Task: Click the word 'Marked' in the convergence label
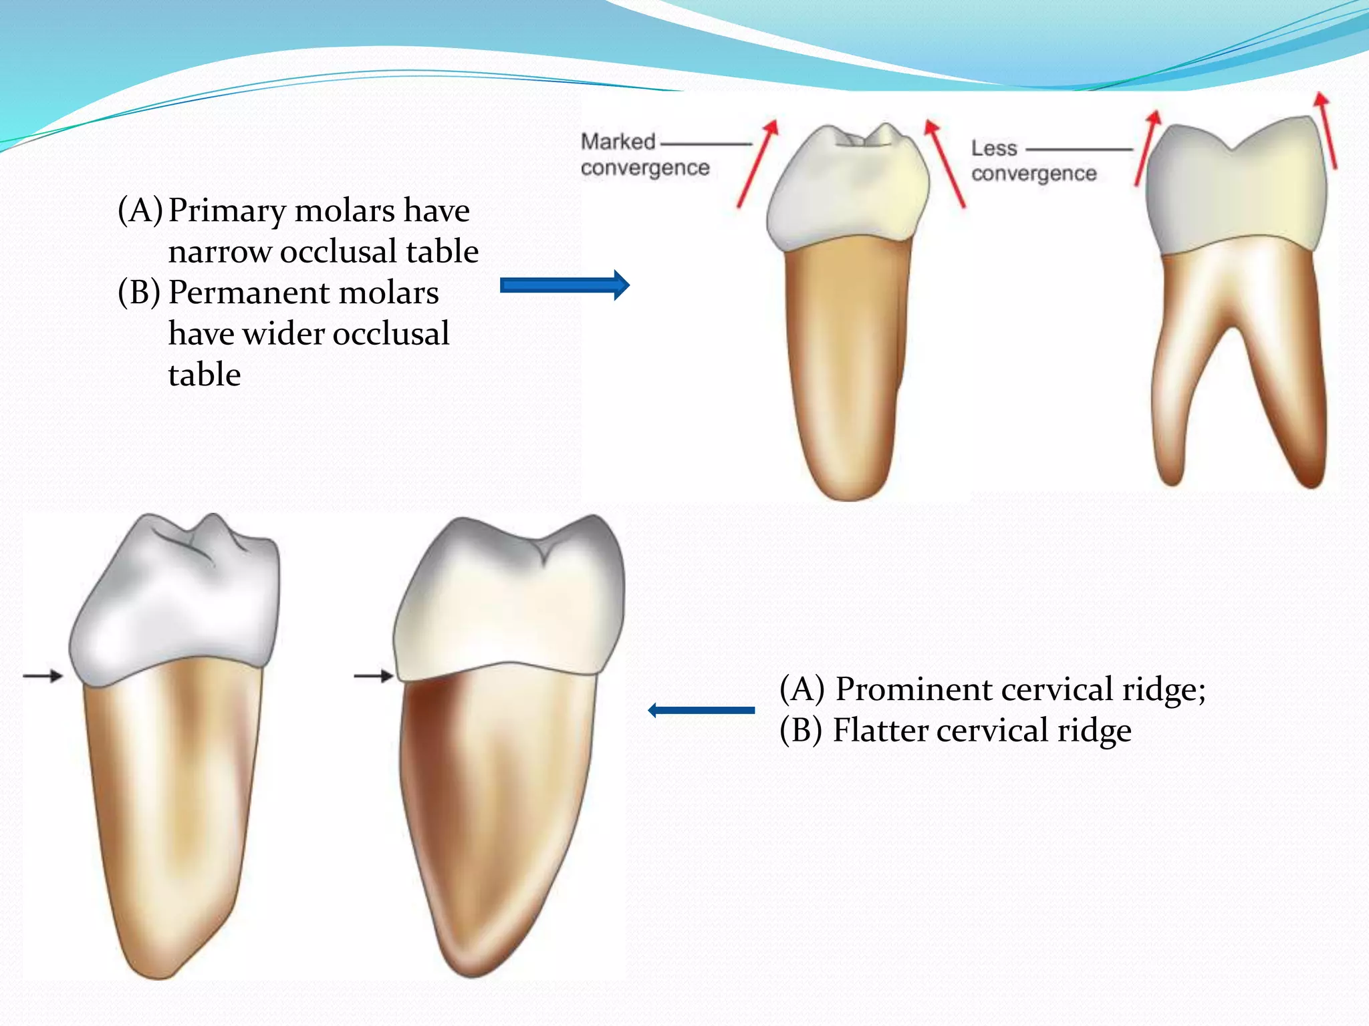618,142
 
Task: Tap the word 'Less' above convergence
994,148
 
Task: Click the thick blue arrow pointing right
564,285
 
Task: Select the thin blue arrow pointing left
701,710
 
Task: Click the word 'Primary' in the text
227,211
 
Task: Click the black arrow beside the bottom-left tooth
43,676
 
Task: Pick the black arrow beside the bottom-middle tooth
373,676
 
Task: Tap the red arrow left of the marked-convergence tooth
757,164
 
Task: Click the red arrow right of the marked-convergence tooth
945,163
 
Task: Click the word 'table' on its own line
205,375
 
